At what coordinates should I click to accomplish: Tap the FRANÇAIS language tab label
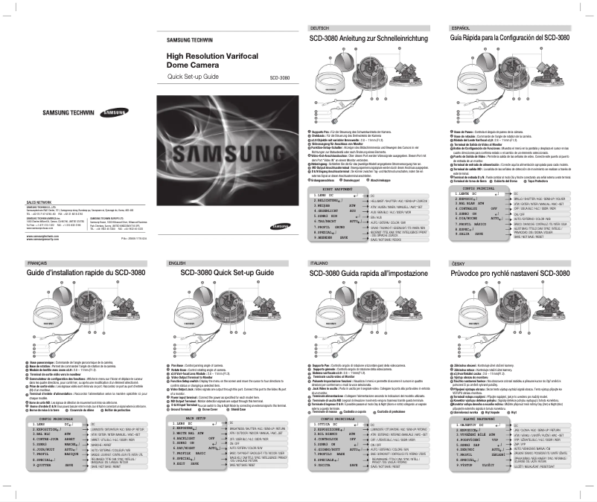pyautogui.click(x=39, y=263)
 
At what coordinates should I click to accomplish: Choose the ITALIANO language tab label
pyautogui.click(x=319, y=263)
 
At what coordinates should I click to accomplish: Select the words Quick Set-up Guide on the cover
pyautogui.click(x=192, y=77)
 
